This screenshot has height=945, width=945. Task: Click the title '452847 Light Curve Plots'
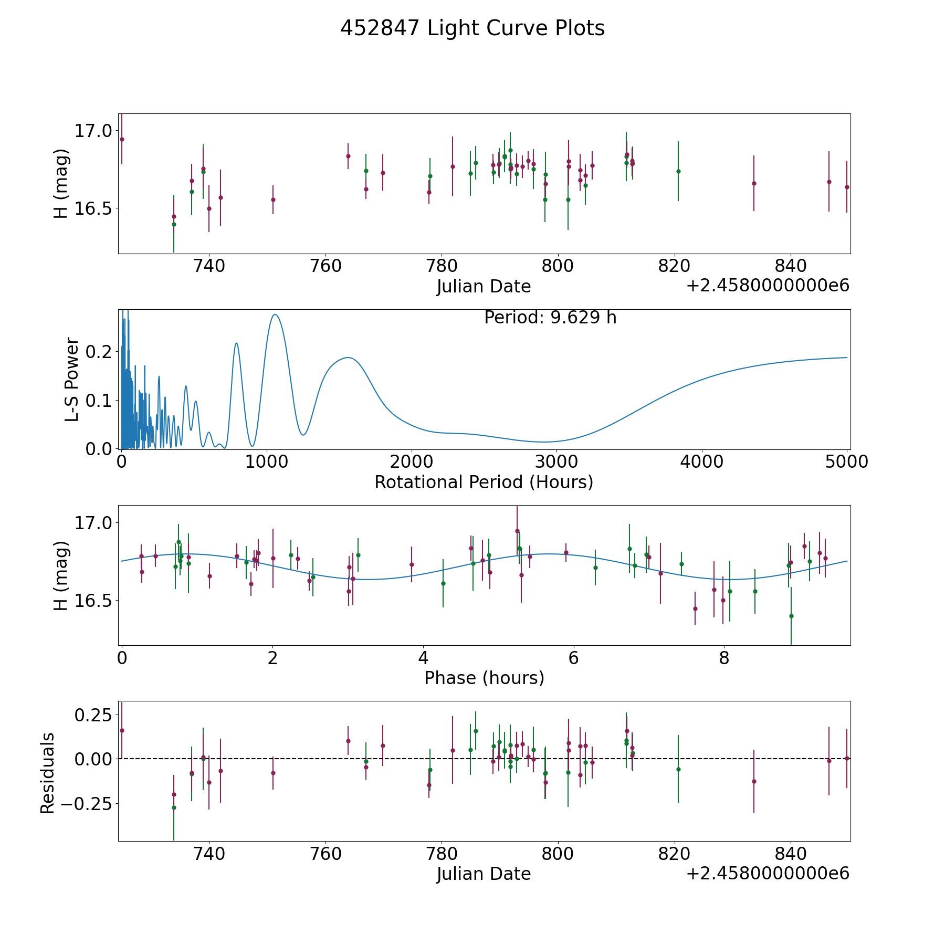472,28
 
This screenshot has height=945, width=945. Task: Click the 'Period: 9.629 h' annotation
550,318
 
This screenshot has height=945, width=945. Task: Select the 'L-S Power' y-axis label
72,379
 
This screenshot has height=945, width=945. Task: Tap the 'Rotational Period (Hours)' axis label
484,482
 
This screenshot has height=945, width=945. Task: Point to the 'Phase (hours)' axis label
484,678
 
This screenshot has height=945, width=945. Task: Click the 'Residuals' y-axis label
48,773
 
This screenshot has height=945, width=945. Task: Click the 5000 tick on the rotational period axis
847,462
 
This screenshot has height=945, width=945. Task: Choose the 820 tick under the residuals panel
674,854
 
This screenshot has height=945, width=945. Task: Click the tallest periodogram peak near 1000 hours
275,314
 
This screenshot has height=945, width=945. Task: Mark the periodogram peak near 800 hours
236,343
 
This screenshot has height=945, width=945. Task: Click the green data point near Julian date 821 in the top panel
678,171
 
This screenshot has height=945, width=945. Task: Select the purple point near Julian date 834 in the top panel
754,183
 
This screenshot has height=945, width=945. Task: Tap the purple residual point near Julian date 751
273,773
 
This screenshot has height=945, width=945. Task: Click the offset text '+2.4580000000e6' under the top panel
768,286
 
